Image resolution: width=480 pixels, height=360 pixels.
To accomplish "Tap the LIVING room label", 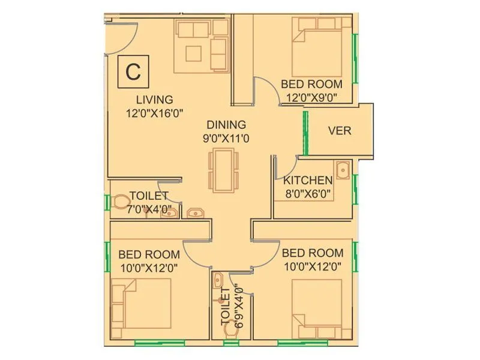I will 154,100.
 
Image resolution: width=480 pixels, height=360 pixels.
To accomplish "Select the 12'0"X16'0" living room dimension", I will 154,112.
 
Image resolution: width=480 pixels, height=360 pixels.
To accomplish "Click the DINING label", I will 226,125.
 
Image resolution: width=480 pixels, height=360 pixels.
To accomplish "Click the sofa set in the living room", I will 201,46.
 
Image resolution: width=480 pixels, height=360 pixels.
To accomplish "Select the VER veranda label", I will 340,131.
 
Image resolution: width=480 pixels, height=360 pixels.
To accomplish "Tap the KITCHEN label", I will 308,180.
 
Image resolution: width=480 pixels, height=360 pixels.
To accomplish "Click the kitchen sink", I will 343,170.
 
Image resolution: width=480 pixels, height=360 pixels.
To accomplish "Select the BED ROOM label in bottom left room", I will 144,253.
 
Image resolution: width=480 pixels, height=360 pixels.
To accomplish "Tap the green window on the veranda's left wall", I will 305,131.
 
